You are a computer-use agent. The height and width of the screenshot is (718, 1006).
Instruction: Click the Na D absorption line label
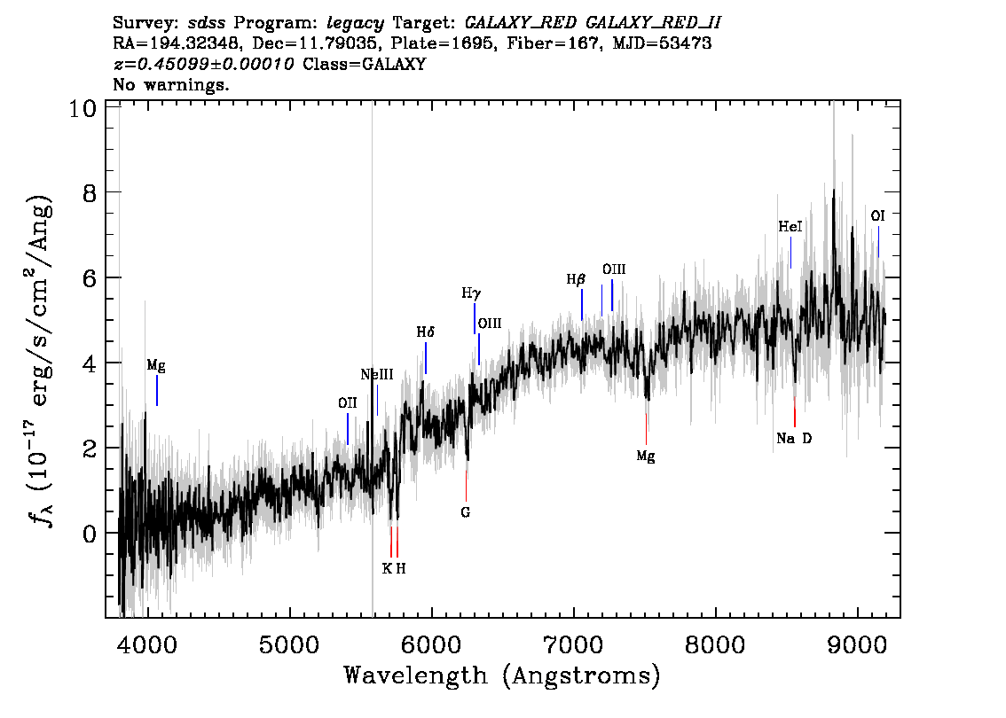794,439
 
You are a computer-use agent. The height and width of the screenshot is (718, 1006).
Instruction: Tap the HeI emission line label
790,226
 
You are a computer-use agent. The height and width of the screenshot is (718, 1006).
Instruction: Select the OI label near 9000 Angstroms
877,216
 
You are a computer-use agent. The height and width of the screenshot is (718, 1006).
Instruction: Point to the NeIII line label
377,374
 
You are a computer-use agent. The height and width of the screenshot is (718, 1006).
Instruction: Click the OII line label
347,402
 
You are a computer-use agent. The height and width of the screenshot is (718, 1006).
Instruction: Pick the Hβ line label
576,279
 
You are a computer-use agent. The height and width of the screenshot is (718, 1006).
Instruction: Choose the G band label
465,512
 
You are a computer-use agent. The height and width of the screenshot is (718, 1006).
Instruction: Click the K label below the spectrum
387,568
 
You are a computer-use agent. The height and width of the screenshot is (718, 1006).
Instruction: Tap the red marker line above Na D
794,411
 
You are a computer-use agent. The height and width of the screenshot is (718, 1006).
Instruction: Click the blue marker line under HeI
790,253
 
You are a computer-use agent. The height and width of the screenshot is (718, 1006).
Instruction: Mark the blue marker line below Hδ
425,358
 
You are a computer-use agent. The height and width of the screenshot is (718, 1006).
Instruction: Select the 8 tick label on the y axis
90,192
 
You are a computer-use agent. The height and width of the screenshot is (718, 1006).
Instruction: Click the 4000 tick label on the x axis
147,645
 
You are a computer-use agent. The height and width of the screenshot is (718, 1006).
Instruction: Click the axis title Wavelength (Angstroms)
502,675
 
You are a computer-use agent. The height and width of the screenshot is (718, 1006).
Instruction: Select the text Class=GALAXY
364,64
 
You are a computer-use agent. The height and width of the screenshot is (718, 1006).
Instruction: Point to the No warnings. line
170,84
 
